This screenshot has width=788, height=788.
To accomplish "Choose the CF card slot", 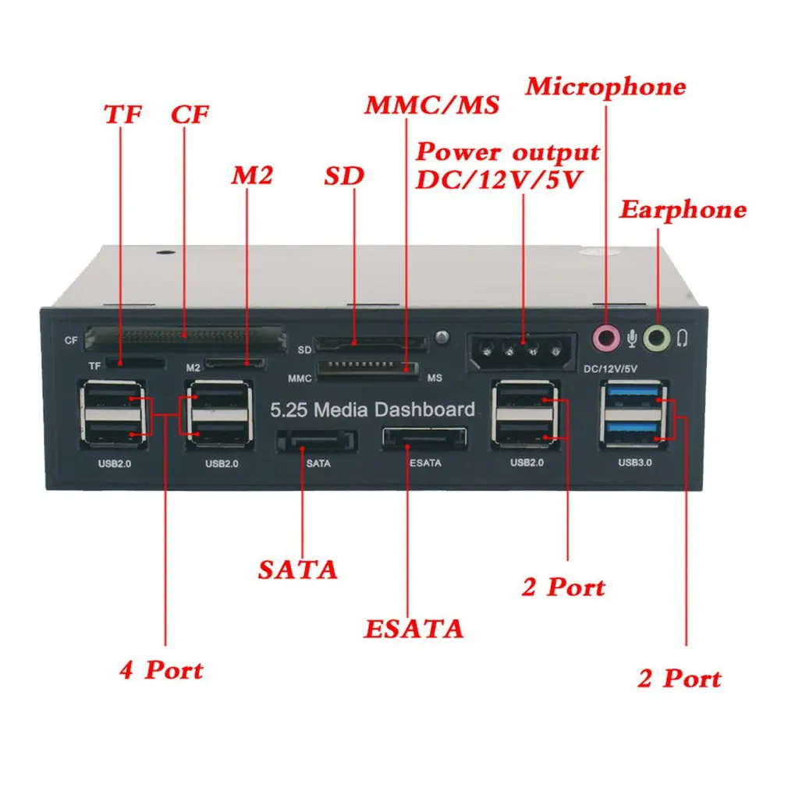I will [183, 338].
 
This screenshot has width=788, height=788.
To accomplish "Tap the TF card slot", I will [135, 363].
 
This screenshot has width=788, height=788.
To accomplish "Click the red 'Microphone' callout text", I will [605, 86].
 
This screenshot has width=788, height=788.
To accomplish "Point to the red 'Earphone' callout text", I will [683, 209].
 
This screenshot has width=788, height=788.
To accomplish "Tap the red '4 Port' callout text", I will [161, 669].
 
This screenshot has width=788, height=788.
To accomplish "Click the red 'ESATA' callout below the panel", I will [414, 628].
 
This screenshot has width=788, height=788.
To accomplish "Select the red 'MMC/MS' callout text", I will [431, 105].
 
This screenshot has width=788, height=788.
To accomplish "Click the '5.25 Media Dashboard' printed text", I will [372, 410].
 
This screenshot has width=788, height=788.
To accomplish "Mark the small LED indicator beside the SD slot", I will [444, 338].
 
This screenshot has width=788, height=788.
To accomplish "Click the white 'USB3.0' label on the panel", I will [634, 462].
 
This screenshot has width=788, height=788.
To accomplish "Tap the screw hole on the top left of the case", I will [165, 254].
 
